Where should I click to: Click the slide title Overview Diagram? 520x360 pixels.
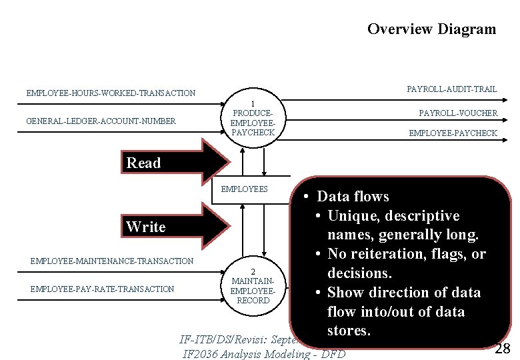[431, 29]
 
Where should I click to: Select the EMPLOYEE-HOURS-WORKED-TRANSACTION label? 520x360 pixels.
[111, 93]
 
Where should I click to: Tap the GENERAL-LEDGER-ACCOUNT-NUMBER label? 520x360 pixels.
[101, 121]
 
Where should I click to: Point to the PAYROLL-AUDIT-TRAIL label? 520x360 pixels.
[451, 89]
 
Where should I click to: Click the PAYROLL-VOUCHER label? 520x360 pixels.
[458, 113]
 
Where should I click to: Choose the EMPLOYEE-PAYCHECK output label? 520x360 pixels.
[453, 133]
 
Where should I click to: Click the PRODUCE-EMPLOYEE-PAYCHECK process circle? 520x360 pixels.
[252, 119]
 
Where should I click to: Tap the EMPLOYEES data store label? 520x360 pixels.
[244, 189]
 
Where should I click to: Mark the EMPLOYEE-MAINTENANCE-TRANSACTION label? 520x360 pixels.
[112, 261]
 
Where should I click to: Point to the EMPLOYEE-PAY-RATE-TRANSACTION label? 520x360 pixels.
[102, 289]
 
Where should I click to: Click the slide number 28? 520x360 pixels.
[503, 347]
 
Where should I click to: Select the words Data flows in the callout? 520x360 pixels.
[353, 196]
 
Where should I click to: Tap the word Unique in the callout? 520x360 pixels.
[353, 216]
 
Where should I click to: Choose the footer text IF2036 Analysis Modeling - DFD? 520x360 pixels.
[264, 353]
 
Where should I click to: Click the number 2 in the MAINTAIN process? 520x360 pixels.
[253, 272]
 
